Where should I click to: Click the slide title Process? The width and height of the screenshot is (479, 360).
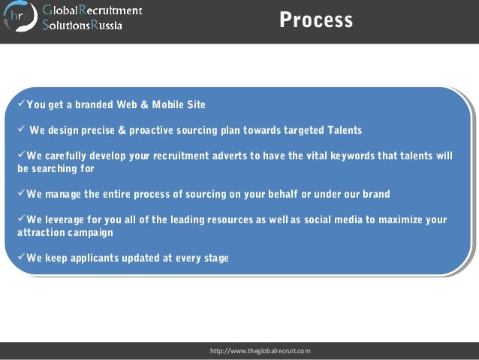click(315, 20)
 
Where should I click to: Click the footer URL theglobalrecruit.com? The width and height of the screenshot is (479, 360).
click(261, 351)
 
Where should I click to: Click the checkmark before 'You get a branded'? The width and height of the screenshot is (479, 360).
click(21, 104)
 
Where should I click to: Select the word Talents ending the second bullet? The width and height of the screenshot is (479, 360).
click(343, 130)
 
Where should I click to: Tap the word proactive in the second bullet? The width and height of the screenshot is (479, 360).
click(159, 130)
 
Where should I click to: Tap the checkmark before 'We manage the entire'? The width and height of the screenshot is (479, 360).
click(21, 194)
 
